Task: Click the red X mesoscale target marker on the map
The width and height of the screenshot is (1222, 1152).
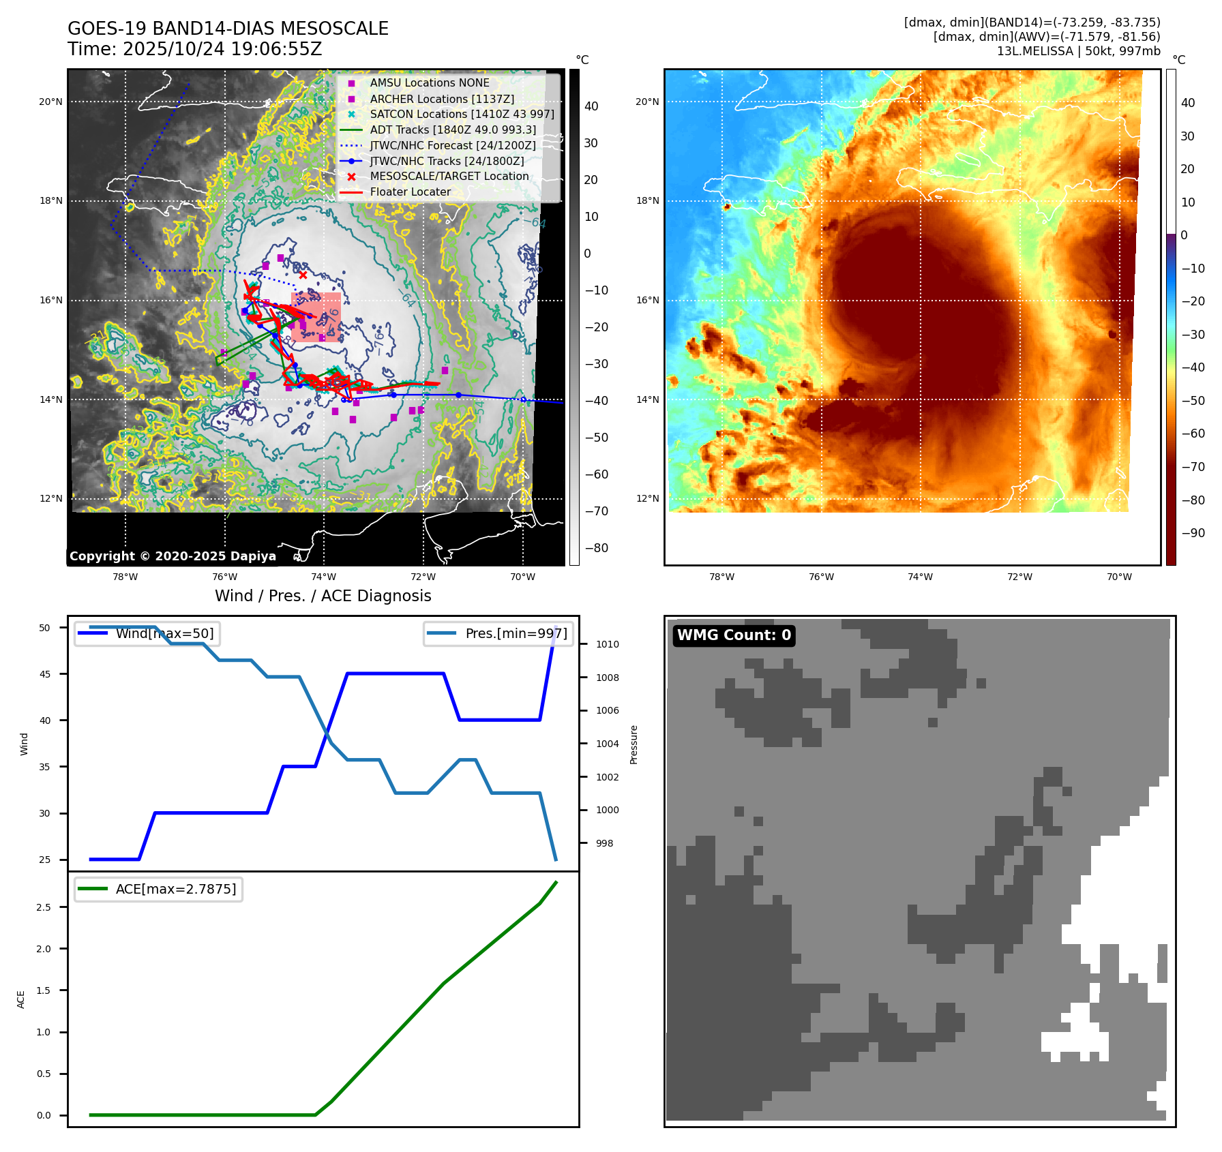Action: pos(303,275)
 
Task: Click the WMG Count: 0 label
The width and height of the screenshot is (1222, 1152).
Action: pos(734,635)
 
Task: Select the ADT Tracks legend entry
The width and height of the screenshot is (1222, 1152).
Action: pos(453,130)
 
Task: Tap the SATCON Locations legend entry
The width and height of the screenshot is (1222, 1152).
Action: pos(462,114)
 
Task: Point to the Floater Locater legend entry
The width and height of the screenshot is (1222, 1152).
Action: pos(410,192)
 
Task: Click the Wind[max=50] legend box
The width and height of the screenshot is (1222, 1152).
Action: pos(147,633)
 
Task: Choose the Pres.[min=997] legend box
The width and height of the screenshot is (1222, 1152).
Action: pos(498,633)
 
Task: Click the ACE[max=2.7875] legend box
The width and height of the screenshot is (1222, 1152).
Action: pos(158,889)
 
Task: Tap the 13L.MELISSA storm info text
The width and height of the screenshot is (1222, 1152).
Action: pos(1078,51)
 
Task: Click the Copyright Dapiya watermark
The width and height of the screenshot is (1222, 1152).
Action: pos(173,556)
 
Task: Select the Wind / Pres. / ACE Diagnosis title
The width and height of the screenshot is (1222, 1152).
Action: pos(323,596)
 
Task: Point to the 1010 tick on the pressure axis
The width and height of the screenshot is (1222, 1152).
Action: pos(607,644)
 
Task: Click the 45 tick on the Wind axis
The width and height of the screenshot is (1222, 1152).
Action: pos(45,674)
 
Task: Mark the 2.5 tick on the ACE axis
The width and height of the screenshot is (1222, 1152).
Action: pos(44,907)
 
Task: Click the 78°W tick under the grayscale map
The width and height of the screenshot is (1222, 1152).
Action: pos(125,577)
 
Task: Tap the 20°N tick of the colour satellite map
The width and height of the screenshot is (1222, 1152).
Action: pos(647,102)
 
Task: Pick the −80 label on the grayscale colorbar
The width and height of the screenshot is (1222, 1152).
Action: pos(596,548)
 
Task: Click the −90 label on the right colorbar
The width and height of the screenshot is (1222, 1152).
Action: pos(1193,533)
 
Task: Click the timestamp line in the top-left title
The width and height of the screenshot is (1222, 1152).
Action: pos(194,50)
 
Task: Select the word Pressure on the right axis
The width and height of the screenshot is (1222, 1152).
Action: pos(634,744)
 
